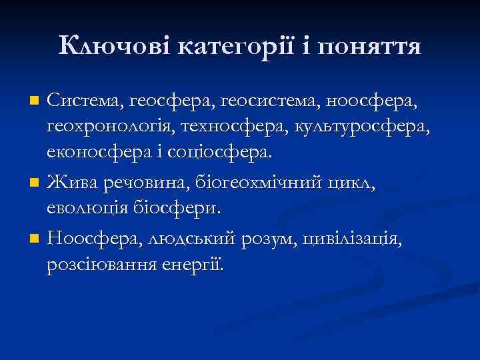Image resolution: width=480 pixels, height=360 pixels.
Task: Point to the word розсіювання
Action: tap(100, 263)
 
